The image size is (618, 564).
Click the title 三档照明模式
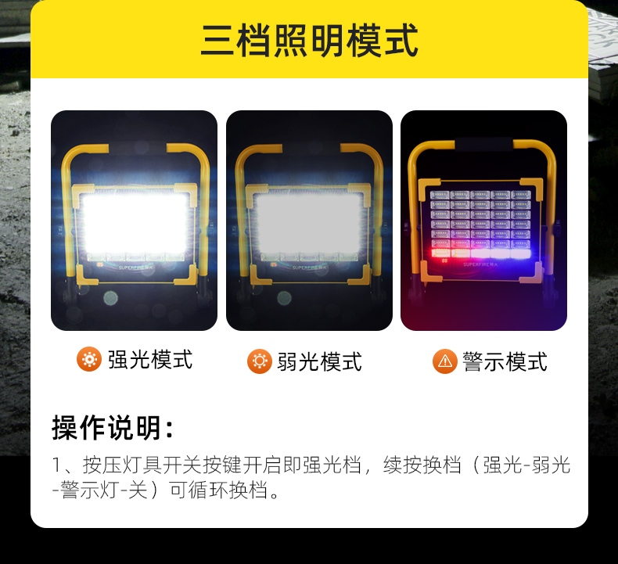310,40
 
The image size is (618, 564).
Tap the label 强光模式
150,360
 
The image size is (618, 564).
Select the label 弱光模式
320,361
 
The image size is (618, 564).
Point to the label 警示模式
505,361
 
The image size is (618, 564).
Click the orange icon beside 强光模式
89,359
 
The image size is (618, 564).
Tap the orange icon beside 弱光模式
260,361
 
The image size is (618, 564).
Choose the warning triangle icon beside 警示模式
445,361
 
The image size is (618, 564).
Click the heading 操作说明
113,427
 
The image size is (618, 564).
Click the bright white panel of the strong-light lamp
135,224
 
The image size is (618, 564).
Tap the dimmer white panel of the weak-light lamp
308,224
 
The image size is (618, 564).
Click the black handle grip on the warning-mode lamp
483,144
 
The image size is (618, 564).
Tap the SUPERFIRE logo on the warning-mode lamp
480,264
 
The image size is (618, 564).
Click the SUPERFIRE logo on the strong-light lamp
136,268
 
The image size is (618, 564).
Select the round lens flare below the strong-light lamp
110,298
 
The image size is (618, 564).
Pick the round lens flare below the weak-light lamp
284,298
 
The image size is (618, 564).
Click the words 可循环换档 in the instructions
218,490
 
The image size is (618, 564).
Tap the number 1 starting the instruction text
56,465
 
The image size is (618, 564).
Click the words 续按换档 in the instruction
422,465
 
